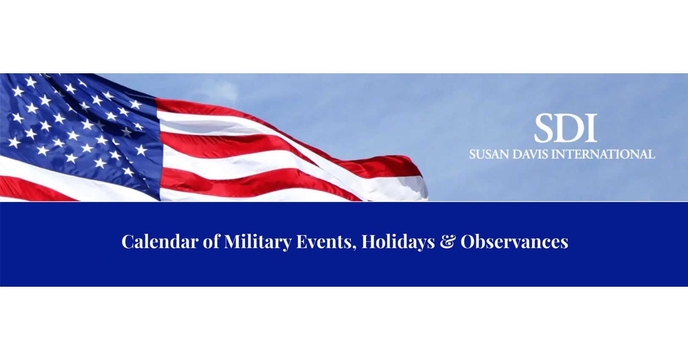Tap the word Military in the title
pos(258,242)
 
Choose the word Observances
pos(514,242)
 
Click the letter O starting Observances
pos(468,242)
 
